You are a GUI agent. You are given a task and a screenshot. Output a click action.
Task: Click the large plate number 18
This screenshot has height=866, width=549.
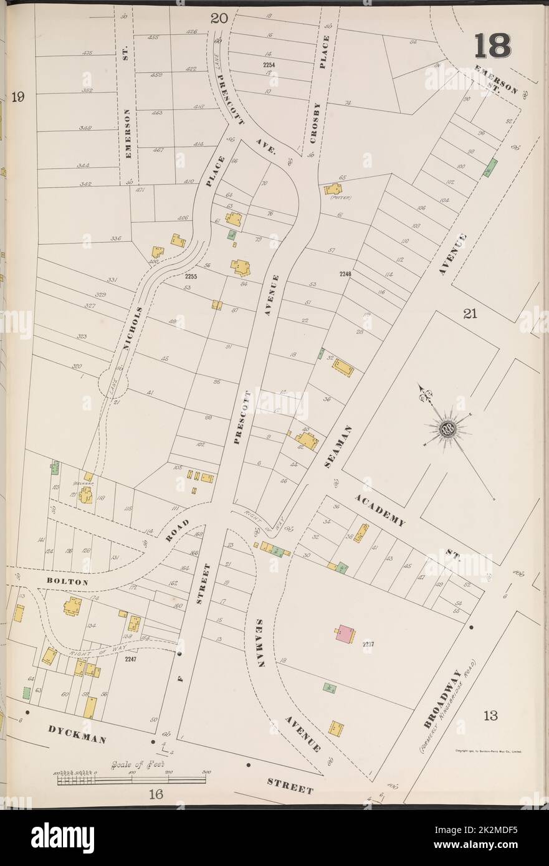492,45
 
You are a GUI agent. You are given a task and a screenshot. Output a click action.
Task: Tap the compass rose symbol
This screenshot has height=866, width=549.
448,427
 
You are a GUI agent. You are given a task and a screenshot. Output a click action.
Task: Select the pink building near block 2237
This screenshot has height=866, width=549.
345,634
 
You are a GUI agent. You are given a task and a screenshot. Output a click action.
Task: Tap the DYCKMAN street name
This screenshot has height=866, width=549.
77,733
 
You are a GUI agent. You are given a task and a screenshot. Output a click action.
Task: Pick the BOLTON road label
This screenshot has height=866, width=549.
68,581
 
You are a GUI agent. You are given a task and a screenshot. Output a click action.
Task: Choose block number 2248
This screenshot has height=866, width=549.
346,274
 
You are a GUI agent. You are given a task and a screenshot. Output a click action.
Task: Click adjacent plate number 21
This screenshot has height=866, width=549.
469,314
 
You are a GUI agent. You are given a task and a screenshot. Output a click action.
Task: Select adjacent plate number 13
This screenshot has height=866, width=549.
490,715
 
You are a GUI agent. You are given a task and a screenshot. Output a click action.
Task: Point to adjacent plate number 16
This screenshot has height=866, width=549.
155,793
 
